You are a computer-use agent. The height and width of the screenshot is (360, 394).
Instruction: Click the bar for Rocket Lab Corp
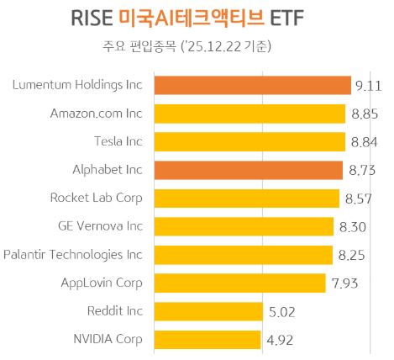pos(244,199)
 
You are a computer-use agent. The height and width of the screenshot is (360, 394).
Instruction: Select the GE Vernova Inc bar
pos(242,226)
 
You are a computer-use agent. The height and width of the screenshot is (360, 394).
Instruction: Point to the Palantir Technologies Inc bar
pos(241,254)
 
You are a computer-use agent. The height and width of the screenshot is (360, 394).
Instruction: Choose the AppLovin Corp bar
pos(238,283)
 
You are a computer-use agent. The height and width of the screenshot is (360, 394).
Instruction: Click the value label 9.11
pos(369,85)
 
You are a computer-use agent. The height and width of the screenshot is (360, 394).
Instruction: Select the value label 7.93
pos(345,283)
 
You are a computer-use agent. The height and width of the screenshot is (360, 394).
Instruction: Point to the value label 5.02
pos(284,311)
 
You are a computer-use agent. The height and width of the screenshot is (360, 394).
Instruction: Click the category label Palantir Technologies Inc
pos(73,254)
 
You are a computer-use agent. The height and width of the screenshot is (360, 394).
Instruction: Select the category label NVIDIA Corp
pos(108,339)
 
